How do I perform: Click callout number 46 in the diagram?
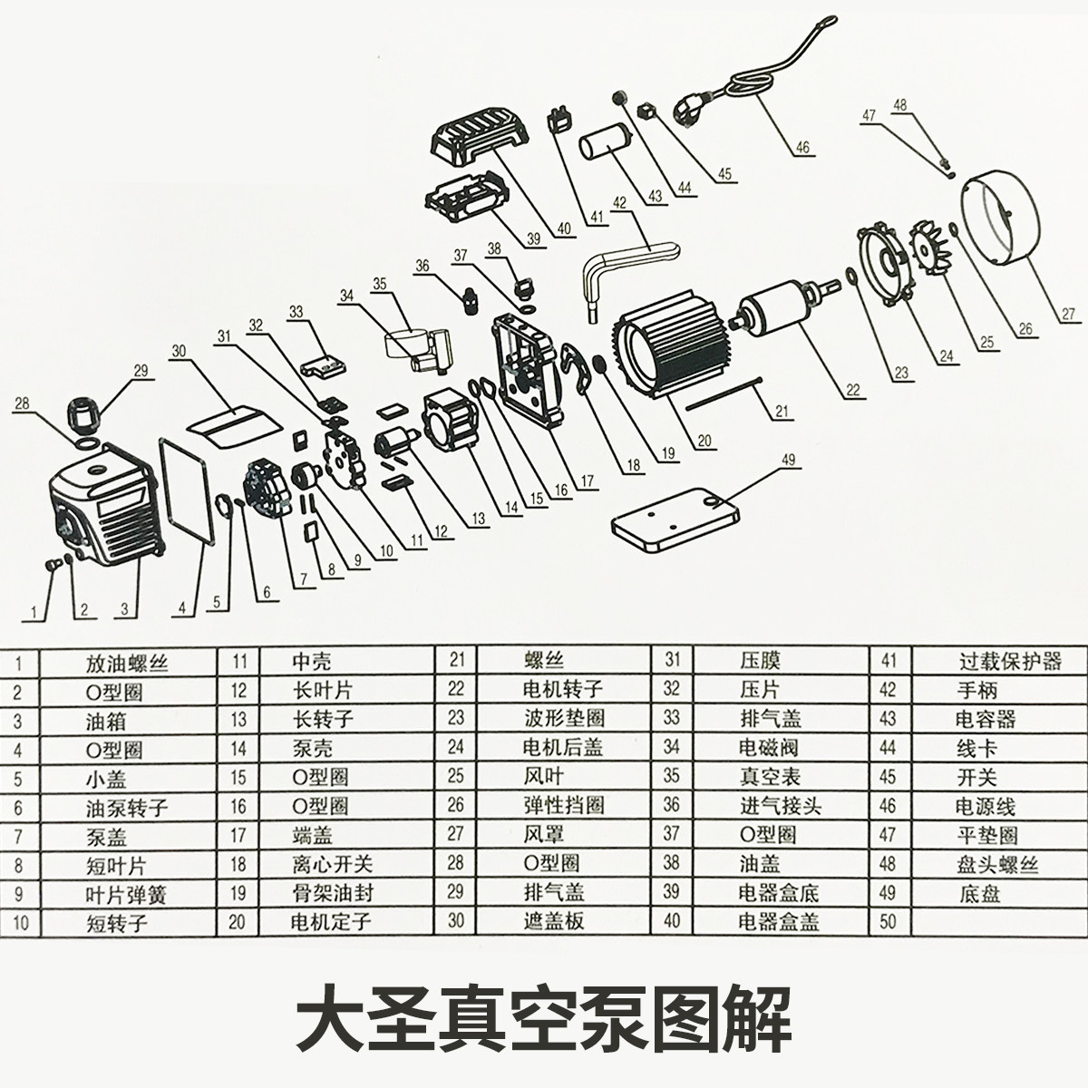(803, 148)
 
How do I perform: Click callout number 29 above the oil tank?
(140, 370)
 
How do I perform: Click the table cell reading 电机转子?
(562, 690)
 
